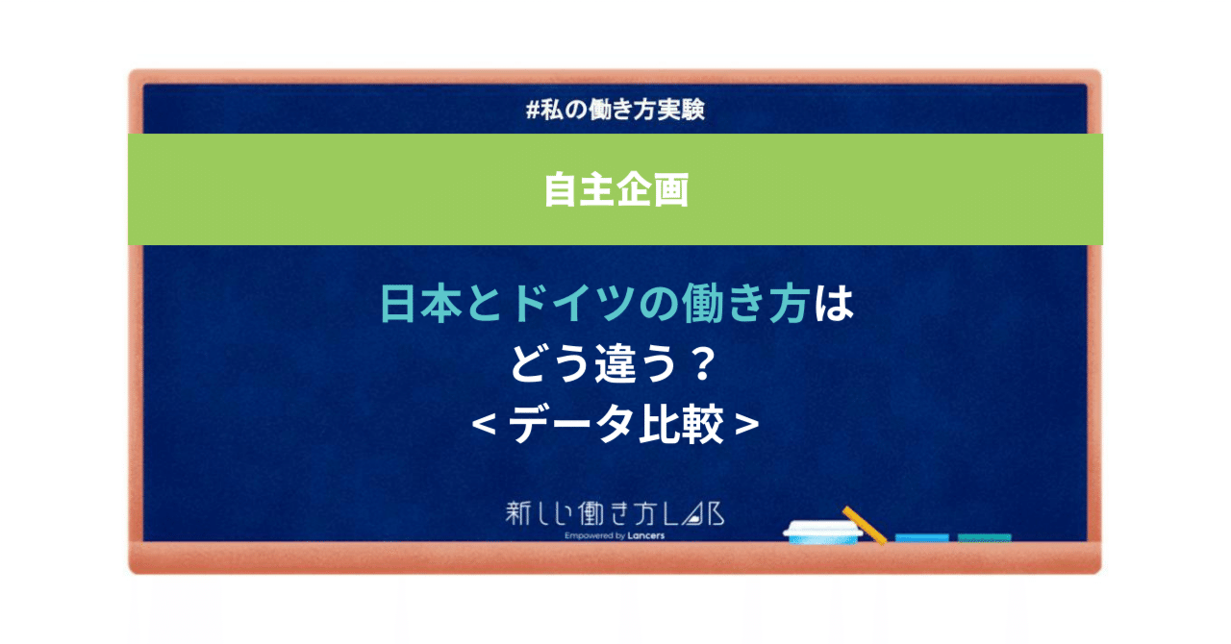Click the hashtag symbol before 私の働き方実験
533,111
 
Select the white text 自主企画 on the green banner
615,189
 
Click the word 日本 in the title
404,307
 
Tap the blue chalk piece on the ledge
921,537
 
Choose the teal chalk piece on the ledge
984,537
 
